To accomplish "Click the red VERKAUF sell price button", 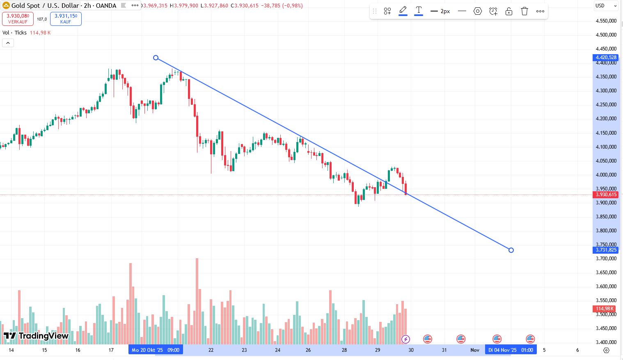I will (x=18, y=18).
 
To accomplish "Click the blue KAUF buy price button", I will (x=66, y=18).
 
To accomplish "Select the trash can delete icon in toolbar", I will (x=525, y=11).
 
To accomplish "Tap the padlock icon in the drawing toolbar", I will (x=509, y=11).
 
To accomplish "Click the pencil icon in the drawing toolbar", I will (x=403, y=11).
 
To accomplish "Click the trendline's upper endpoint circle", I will (x=156, y=58).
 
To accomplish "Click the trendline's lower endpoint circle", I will (x=511, y=250).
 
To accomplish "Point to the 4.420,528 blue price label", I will (x=606, y=57).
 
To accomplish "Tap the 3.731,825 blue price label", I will (x=606, y=250).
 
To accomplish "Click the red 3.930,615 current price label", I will (x=606, y=195).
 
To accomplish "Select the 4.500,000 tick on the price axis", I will (x=606, y=35).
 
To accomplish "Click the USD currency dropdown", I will (x=606, y=6).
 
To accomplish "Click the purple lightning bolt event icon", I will (x=405, y=339).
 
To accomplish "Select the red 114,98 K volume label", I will (x=605, y=309).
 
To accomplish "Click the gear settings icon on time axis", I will (x=606, y=350).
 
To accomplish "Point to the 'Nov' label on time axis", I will (x=475, y=350).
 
